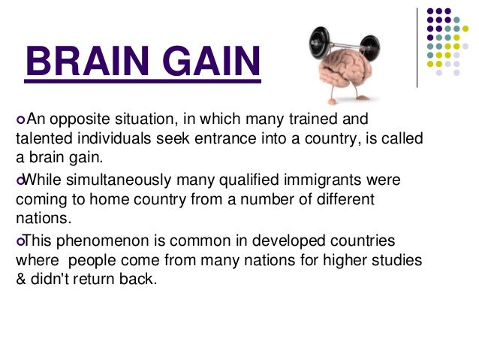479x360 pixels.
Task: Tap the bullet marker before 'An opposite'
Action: pyautogui.click(x=20, y=120)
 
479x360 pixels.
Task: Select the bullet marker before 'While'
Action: pyautogui.click(x=20, y=180)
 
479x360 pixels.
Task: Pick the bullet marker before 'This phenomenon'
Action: pyautogui.click(x=20, y=241)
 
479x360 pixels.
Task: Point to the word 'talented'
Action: pyautogui.click(x=41, y=140)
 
